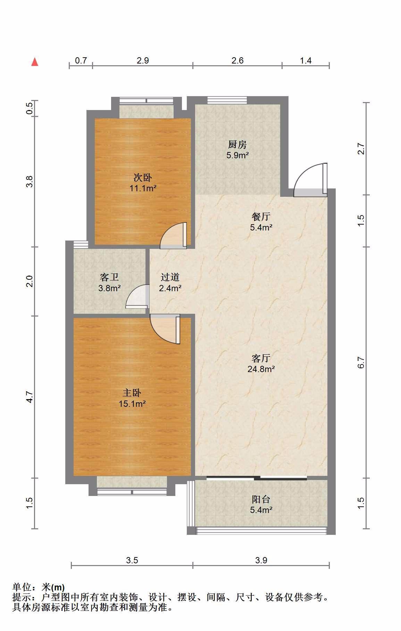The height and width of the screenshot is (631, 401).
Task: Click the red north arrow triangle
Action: (35, 62)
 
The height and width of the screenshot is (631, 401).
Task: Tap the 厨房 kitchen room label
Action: (237, 144)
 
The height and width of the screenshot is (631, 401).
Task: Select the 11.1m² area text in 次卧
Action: (143, 188)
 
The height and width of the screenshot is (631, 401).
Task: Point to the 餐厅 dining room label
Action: (261, 217)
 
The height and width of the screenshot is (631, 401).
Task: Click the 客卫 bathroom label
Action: (109, 277)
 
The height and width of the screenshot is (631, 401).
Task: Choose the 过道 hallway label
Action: (170, 277)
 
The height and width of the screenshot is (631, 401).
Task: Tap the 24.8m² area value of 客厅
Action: (261, 369)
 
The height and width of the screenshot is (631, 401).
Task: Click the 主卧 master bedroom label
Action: (132, 393)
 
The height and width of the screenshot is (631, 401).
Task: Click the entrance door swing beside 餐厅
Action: (310, 180)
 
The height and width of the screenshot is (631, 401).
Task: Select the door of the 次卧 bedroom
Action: (174, 236)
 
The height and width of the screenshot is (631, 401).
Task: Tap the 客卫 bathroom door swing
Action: (137, 296)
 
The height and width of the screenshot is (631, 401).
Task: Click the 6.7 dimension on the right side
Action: (361, 363)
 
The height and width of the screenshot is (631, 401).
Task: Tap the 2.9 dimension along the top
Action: (143, 61)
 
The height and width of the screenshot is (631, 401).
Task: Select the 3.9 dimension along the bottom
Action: (261, 560)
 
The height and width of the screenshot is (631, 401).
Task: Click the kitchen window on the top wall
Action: (227, 100)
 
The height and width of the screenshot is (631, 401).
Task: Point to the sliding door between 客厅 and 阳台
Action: (257, 478)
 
